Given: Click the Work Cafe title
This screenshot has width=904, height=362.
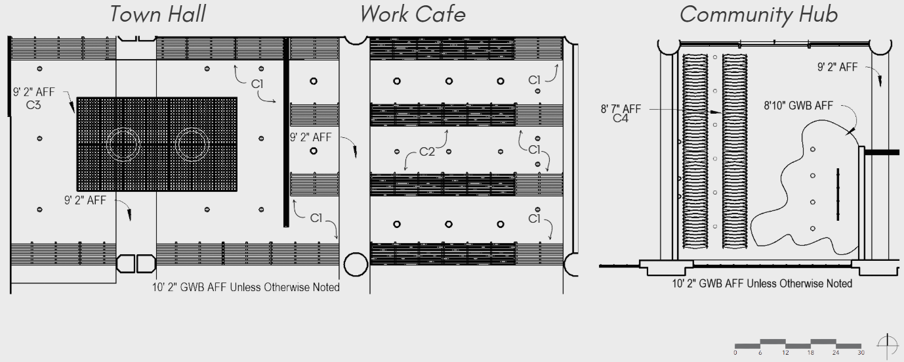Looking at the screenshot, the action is tap(413, 13).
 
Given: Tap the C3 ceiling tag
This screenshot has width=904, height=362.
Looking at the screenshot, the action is tap(33, 104).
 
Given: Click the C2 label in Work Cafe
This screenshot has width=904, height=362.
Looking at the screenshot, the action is tap(427, 152).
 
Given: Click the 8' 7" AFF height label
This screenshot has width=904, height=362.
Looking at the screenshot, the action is tap(621, 109).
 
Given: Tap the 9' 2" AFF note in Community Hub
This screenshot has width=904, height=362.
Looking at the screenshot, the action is tap(837, 67).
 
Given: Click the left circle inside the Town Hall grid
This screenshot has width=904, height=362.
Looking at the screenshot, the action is tap(123, 144).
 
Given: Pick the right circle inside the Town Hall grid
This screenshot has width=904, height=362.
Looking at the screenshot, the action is tap(192, 144).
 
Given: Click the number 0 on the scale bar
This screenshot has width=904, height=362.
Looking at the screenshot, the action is tap(735, 353).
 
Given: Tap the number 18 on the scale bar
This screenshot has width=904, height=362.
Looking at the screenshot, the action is tap(810, 353).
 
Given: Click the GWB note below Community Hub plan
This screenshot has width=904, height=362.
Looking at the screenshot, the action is tap(762, 284).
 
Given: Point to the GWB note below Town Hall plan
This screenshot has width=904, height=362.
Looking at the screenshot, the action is tap(246, 287).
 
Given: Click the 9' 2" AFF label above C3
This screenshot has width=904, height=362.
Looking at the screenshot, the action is tap(34, 93).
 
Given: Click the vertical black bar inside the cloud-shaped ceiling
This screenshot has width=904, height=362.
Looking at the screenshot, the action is tap(838, 194).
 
